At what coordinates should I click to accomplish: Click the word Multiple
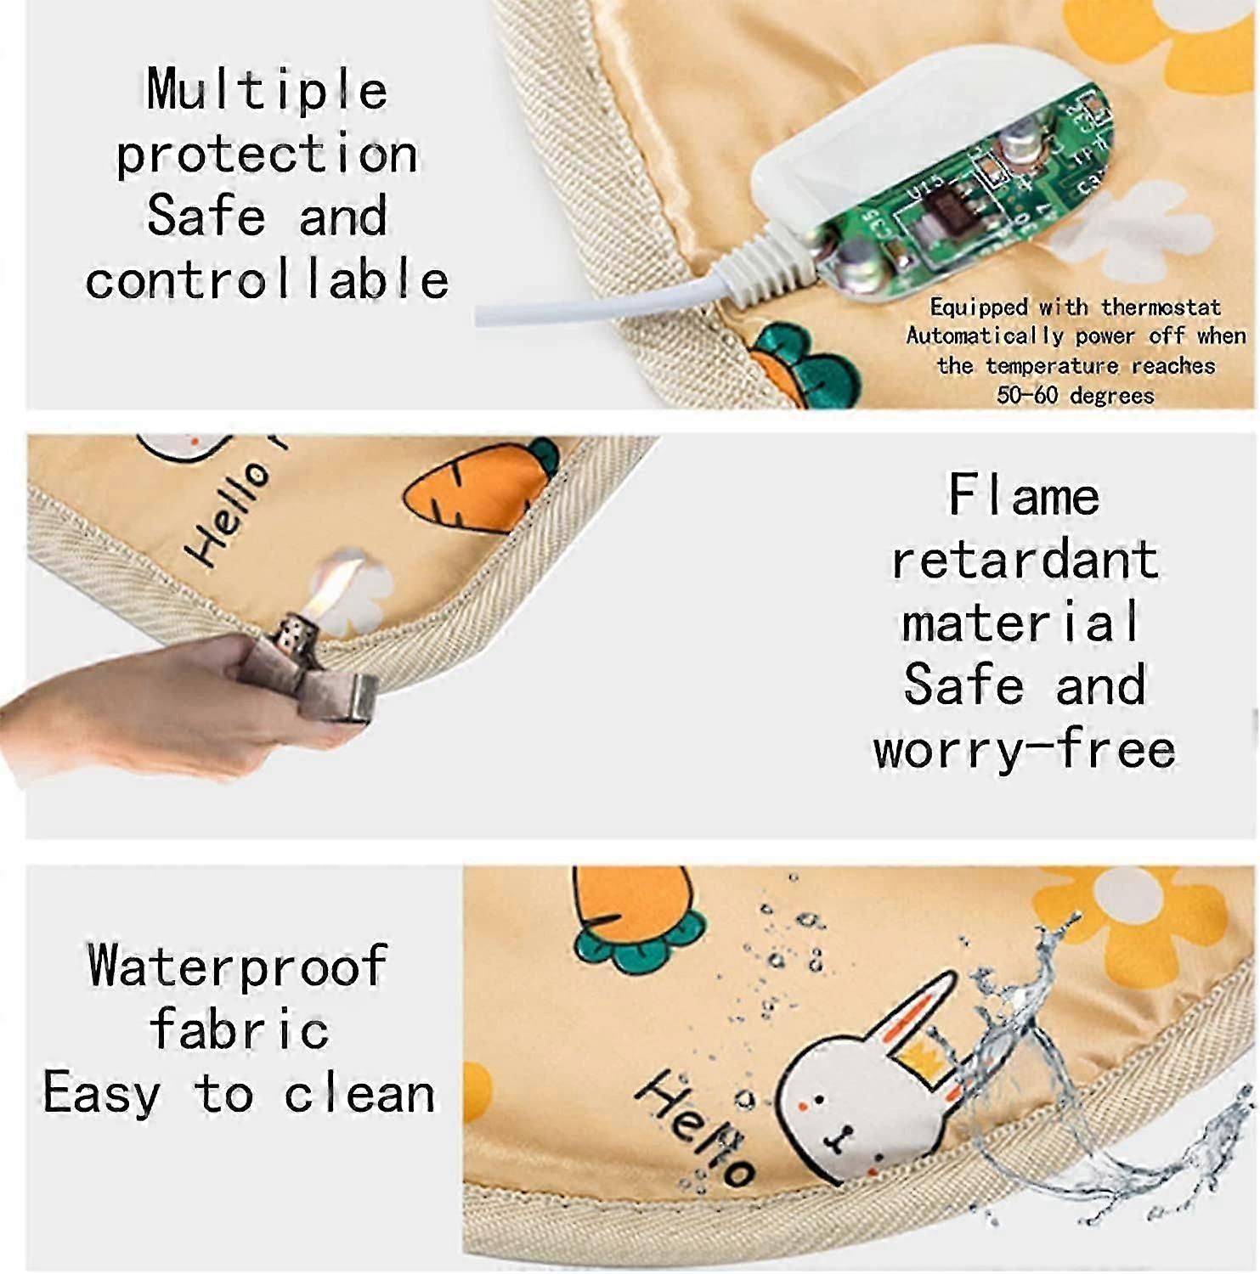tap(267, 91)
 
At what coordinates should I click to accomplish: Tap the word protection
tap(267, 155)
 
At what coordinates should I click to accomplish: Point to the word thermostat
tap(1161, 307)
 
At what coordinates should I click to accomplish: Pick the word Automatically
tap(985, 336)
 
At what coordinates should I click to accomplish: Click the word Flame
tap(1024, 495)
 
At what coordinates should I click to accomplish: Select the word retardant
tap(1025, 560)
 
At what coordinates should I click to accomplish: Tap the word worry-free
tap(1025, 751)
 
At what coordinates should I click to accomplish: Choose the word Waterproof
tap(238, 967)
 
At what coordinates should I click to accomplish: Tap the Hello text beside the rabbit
tap(695, 1129)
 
